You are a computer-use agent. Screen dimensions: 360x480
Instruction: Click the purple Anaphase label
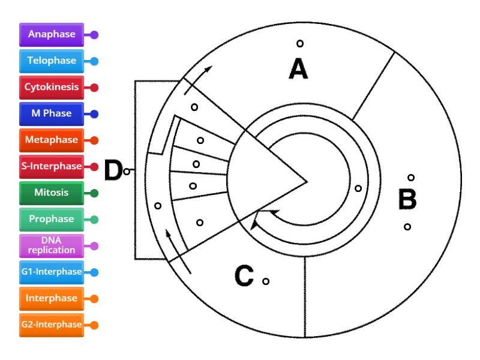click(52, 34)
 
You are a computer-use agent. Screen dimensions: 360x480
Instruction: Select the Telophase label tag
click(52, 61)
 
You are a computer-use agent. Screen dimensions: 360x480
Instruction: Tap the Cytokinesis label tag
click(52, 87)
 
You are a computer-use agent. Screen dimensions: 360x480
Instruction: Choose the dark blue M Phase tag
click(52, 113)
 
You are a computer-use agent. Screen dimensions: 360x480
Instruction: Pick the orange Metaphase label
click(52, 140)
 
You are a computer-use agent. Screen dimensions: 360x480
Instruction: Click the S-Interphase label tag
click(52, 166)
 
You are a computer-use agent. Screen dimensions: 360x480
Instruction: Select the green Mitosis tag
click(52, 193)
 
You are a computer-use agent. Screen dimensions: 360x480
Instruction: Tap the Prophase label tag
click(52, 219)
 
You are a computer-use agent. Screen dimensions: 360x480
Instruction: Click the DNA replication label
click(52, 245)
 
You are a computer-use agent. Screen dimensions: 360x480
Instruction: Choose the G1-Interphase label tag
click(52, 272)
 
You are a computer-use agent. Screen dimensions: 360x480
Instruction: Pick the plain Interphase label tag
click(52, 298)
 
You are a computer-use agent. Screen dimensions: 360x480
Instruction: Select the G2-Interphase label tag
click(52, 325)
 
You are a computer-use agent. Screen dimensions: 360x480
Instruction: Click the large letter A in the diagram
click(298, 70)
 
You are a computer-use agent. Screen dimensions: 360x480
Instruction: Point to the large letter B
click(407, 200)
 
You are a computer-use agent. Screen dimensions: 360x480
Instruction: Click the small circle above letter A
click(300, 43)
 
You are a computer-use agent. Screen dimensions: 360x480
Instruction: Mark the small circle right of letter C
click(266, 281)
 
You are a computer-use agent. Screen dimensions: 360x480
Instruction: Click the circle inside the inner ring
click(358, 188)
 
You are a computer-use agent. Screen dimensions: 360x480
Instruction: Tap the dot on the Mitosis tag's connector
click(94, 193)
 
